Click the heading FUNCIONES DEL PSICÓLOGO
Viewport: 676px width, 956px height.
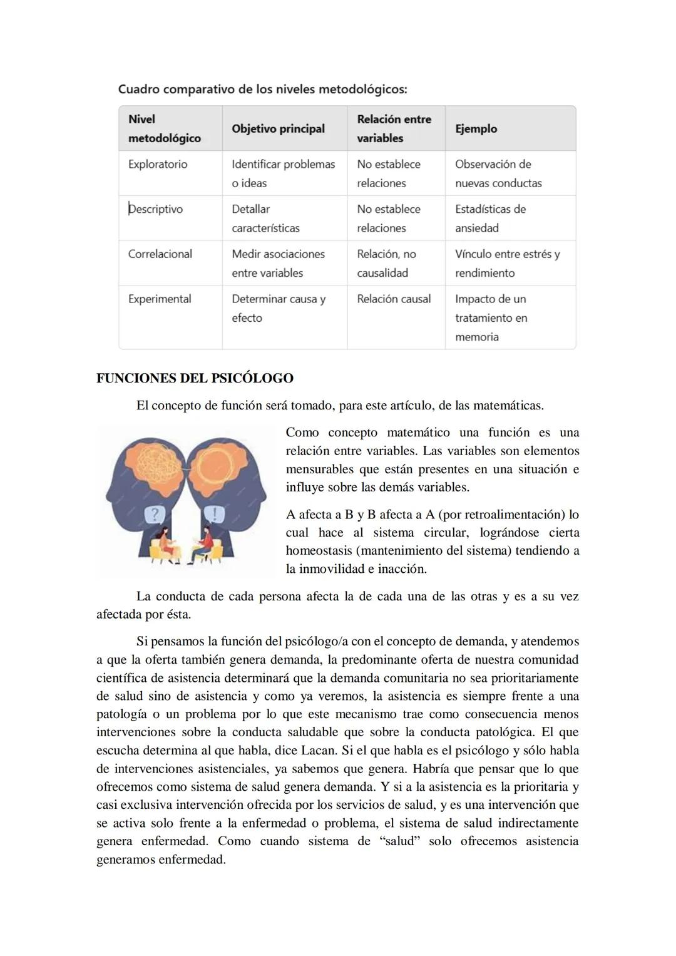click(x=195, y=378)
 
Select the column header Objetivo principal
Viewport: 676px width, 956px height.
click(x=278, y=128)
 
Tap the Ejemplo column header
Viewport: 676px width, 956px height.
click(x=476, y=128)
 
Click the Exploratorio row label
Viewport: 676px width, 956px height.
click(x=158, y=164)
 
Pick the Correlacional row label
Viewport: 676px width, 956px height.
click(x=160, y=254)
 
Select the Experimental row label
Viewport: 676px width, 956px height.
click(x=160, y=299)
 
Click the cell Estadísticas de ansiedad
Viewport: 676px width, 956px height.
click(x=490, y=218)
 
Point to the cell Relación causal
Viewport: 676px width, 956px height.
click(x=394, y=299)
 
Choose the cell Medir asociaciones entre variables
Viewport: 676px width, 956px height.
click(x=278, y=263)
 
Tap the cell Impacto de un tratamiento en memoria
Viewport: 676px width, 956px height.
click(x=491, y=317)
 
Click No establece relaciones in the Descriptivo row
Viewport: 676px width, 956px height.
click(x=389, y=218)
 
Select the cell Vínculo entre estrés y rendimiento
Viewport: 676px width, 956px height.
click(x=507, y=263)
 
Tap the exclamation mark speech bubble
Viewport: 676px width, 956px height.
click(x=215, y=515)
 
